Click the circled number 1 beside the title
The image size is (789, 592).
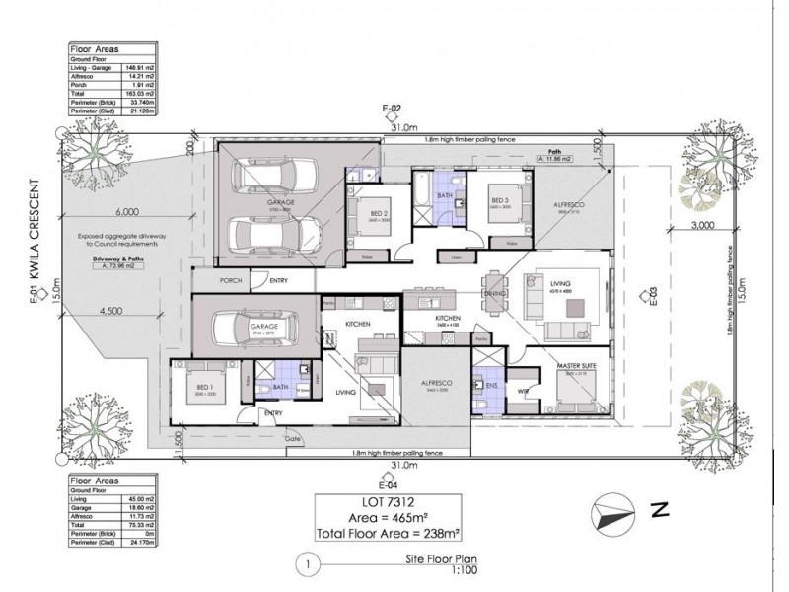coord(308,565)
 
